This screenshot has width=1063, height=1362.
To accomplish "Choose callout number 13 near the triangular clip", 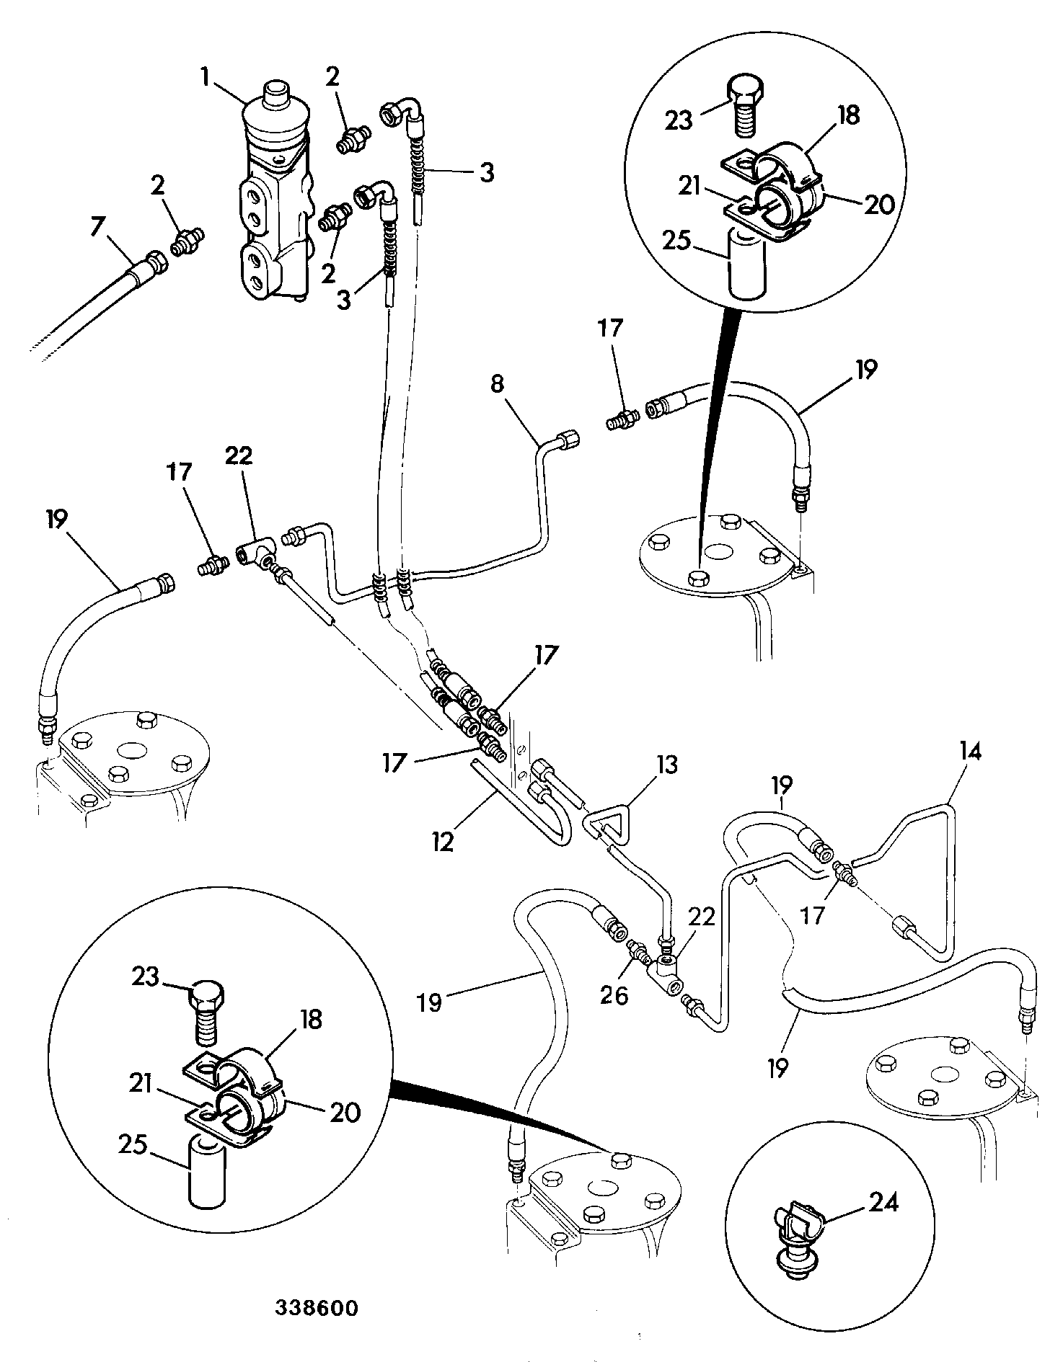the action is click(667, 764).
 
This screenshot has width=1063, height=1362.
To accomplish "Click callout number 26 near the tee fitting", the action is click(614, 995).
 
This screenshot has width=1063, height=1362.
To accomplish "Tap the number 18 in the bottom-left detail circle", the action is click(311, 1021).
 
